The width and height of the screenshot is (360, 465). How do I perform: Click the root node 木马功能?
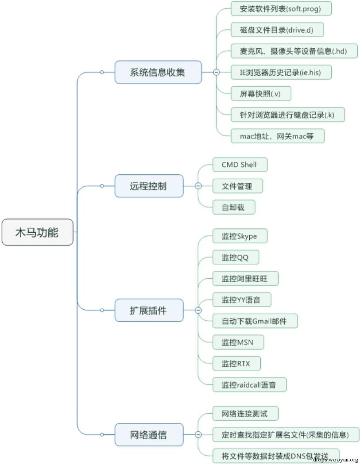(37, 232)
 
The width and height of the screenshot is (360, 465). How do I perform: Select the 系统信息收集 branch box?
(158, 72)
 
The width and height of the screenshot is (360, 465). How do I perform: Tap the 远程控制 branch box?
(148, 186)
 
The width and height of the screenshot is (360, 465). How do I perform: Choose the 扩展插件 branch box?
(148, 310)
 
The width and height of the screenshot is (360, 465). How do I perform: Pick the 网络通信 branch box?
(148, 434)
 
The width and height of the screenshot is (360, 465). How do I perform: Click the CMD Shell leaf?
(239, 165)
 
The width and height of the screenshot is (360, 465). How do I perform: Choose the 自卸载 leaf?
(233, 207)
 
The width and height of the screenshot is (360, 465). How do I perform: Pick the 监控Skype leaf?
(239, 236)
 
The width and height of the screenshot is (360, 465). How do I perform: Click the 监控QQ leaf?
(235, 257)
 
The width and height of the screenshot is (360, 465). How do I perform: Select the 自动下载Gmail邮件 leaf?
(254, 321)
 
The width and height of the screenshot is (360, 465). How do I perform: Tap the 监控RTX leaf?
(236, 363)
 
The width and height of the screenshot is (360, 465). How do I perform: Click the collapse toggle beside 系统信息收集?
(216, 72)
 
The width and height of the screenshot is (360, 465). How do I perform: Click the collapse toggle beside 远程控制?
(198, 186)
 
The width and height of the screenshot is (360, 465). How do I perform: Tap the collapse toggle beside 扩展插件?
(198, 310)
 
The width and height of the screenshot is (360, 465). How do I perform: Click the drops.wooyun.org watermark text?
(335, 459)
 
